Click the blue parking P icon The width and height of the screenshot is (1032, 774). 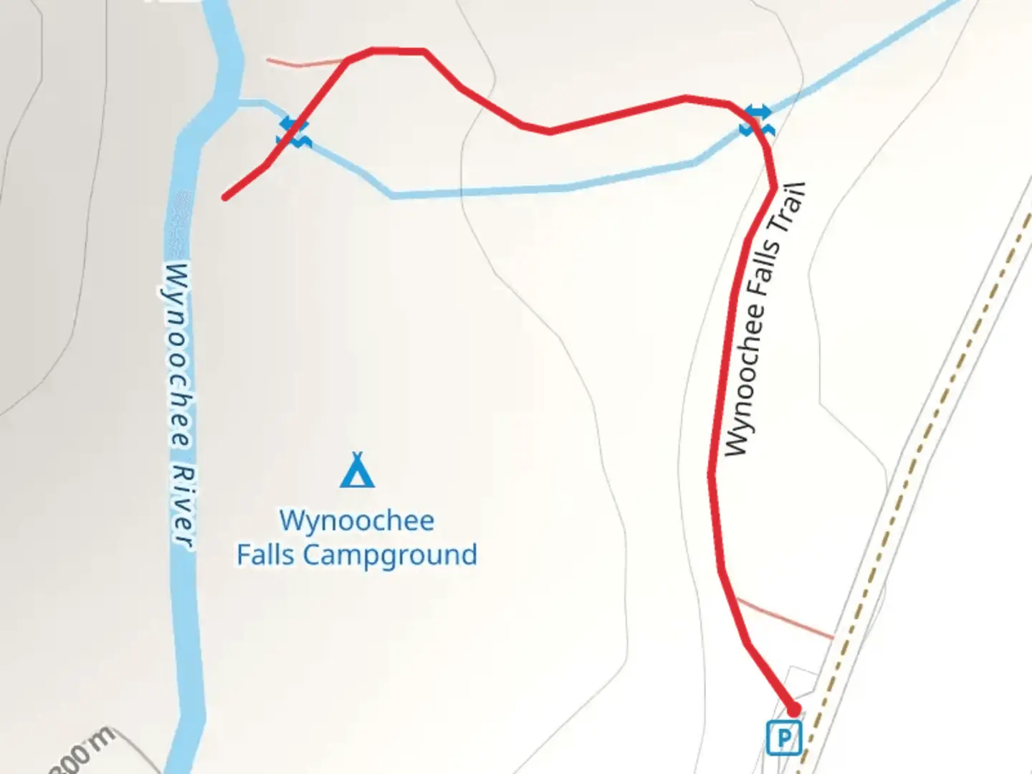pos(783,737)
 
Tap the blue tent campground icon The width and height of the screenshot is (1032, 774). pos(357,470)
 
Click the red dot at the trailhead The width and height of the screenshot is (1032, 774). pos(793,709)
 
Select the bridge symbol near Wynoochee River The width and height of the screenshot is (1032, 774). pos(294,133)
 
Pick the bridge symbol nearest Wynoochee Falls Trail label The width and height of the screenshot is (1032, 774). pos(756,120)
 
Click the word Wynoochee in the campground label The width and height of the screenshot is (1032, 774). pos(356,521)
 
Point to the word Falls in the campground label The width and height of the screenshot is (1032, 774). pos(266,555)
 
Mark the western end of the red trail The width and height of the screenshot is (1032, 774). pos(225,197)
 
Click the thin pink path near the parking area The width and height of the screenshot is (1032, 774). pos(785,618)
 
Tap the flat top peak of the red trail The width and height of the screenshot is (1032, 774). pos(398,51)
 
